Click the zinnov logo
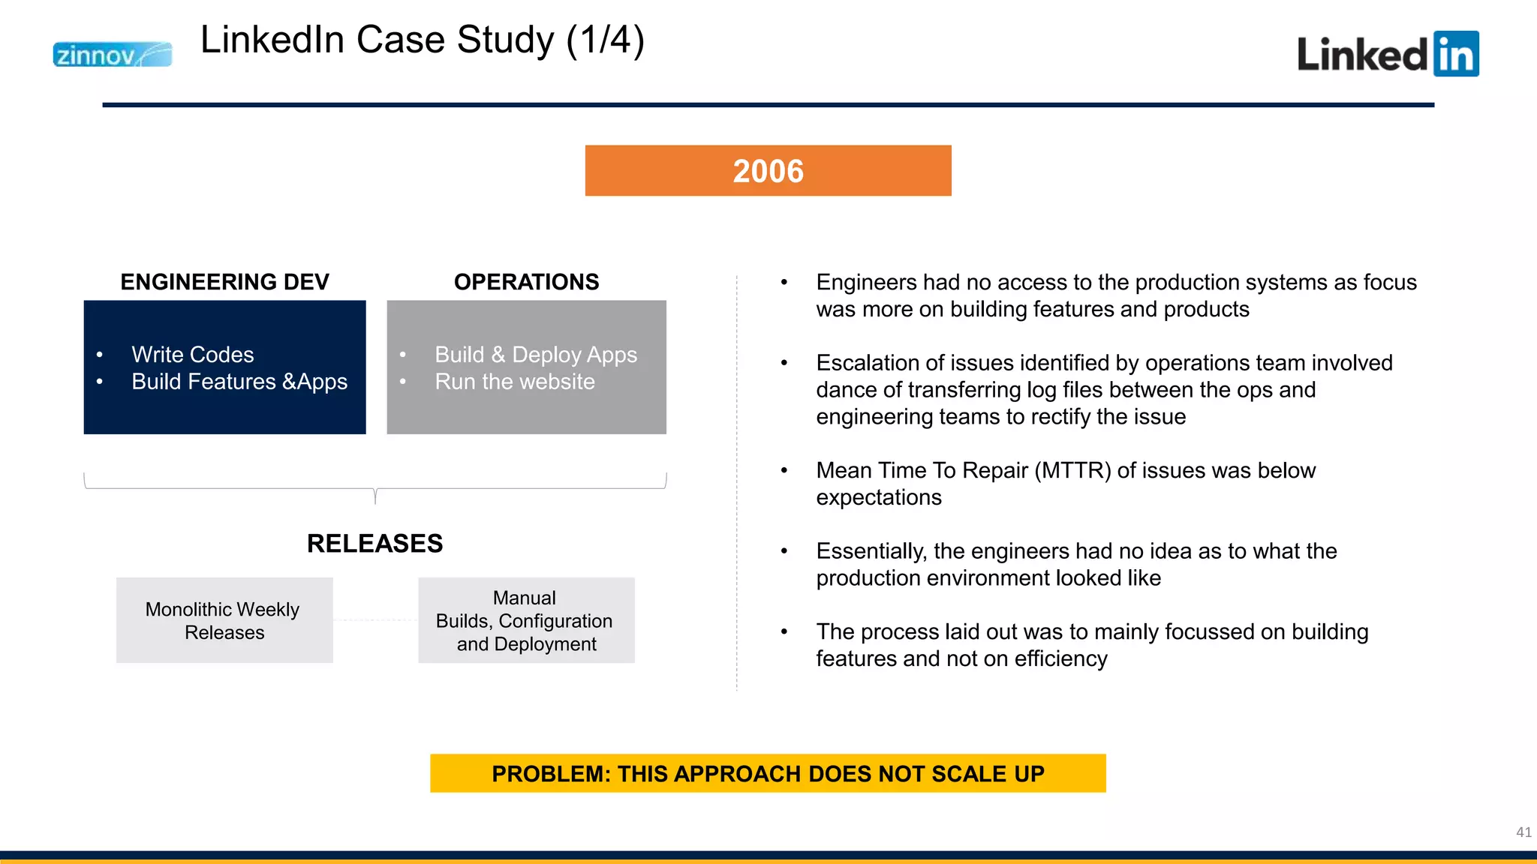click(112, 55)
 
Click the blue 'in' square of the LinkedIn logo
click(1455, 54)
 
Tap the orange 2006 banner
click(768, 171)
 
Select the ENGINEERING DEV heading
click(224, 282)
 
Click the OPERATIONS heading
click(526, 282)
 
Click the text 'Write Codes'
click(192, 355)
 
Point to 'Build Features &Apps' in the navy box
click(239, 382)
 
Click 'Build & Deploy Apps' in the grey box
click(535, 355)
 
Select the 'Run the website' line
click(514, 382)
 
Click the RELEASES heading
click(374, 544)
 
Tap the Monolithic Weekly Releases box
click(224, 620)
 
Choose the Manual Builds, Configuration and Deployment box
click(526, 620)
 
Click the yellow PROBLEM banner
click(768, 773)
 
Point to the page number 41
click(1523, 832)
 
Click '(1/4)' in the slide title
click(605, 40)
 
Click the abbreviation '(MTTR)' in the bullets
click(1072, 470)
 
